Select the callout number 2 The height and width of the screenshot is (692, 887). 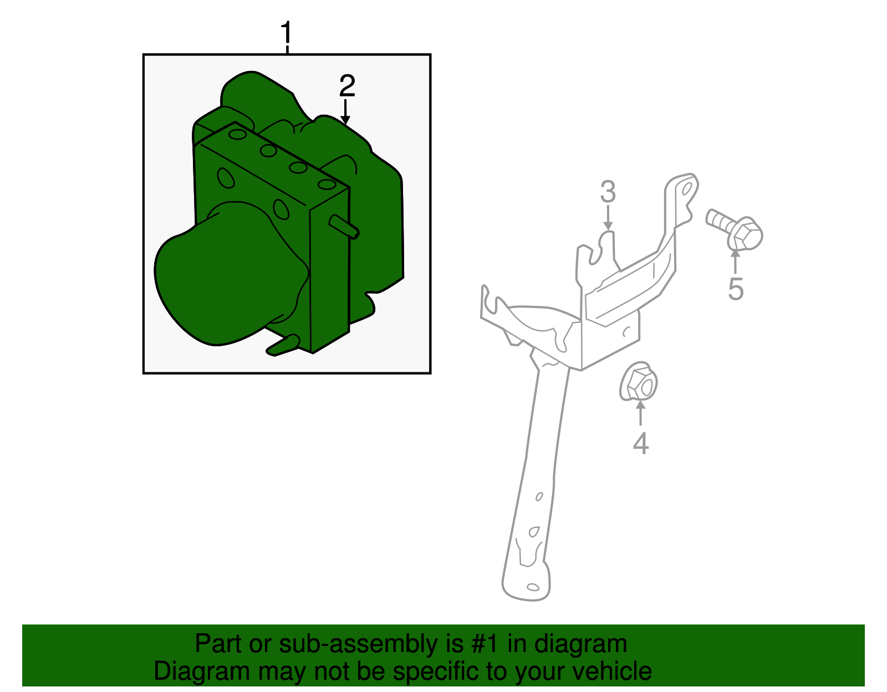pos(347,86)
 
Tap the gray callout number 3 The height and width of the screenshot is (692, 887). pos(608,192)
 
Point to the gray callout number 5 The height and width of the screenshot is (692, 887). pos(736,289)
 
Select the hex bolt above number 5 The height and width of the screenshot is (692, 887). pos(735,229)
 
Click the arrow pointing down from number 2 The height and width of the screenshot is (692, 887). pos(345,111)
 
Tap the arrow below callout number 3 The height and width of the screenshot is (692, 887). pos(608,218)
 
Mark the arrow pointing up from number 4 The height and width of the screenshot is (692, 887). pos(640,413)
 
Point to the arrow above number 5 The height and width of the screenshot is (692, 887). pos(735,261)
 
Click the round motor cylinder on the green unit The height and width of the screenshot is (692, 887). pos(228,277)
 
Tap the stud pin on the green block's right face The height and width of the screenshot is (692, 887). pos(344,227)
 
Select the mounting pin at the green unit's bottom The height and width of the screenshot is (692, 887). pos(283,345)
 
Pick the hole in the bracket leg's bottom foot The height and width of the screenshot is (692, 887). pos(533,587)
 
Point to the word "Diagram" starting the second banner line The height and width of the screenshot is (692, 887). pos(202,672)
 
